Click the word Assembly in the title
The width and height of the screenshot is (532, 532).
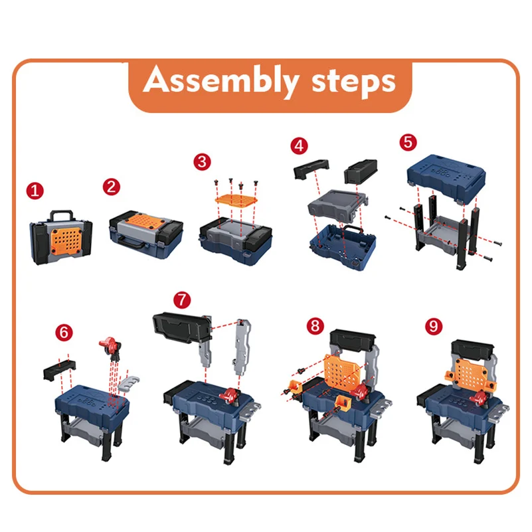tap(221, 81)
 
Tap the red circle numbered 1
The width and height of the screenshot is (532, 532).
tap(35, 191)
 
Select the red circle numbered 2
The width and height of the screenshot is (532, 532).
tap(112, 187)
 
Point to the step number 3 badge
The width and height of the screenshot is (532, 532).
tap(202, 162)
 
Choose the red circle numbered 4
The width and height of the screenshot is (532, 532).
tap(300, 146)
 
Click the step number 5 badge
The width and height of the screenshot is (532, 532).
tap(408, 142)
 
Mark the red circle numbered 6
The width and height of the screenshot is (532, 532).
tap(64, 333)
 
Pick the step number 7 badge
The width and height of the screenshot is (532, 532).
tap(182, 300)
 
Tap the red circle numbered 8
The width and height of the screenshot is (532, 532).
tap(315, 326)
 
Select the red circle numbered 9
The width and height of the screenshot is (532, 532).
tap(434, 326)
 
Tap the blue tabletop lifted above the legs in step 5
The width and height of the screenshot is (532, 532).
tap(446, 178)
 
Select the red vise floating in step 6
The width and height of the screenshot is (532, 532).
tap(109, 347)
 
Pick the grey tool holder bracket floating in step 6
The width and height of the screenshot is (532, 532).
tap(129, 384)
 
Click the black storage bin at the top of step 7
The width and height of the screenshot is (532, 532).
tap(182, 326)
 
